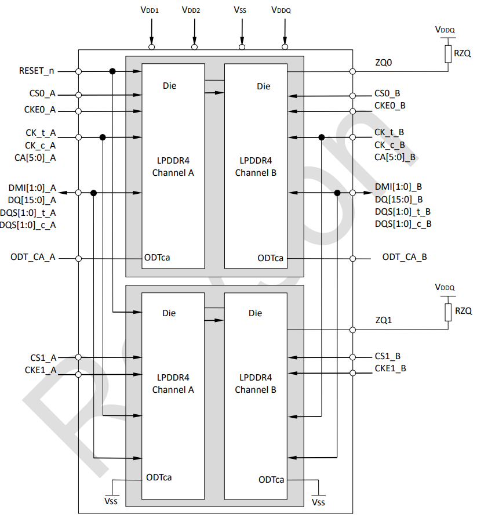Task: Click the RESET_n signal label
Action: coord(36,71)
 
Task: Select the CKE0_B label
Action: coord(390,105)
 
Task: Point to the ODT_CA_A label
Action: coord(32,257)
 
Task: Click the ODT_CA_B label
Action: coord(405,257)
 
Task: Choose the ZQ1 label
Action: coord(384,320)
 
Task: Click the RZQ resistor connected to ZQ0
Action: coord(447,54)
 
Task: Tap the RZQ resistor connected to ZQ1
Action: coord(447,312)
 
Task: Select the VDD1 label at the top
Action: coord(150,10)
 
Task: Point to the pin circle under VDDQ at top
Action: coord(285,47)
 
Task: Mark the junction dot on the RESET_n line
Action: coord(112,71)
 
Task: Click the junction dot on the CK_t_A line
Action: coord(103,138)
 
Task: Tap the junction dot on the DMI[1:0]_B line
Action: coord(337,193)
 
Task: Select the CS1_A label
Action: coord(43,358)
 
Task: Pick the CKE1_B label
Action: coord(390,368)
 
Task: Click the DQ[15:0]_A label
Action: coord(32,200)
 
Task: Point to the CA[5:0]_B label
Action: coord(395,157)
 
